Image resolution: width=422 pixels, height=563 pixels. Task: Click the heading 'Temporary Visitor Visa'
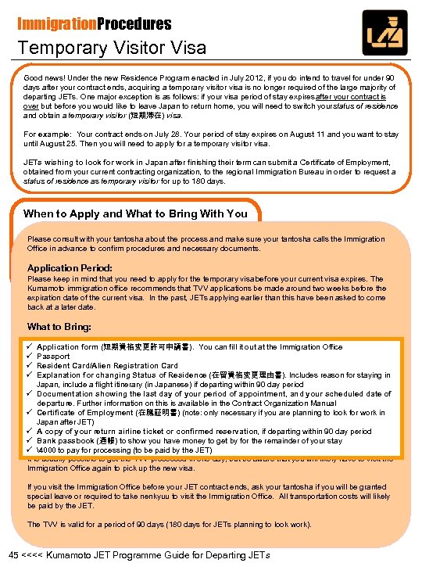click(113, 47)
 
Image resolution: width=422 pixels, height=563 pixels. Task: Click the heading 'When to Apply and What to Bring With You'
click(135, 213)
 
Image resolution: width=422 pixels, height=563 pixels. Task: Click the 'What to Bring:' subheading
click(59, 327)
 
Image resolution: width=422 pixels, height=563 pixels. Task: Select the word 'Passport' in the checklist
click(53, 356)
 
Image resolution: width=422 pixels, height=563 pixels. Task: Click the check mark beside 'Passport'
click(29, 356)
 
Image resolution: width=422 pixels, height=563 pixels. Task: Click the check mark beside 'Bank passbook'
click(29, 440)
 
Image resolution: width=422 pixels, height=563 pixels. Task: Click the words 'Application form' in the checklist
click(67, 346)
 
